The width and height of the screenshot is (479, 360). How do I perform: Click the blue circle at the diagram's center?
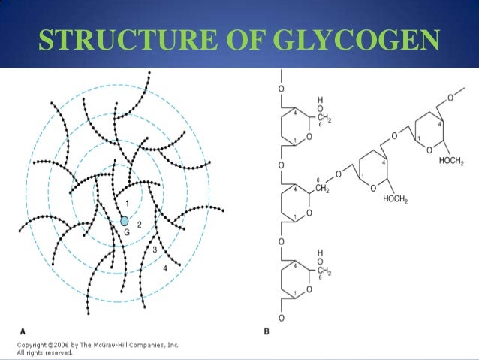pyautogui.click(x=125, y=222)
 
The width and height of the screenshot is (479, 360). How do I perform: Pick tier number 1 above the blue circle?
pyautogui.click(x=127, y=204)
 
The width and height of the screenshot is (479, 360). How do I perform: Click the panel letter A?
pyautogui.click(x=23, y=331)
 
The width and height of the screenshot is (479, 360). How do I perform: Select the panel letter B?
pyautogui.click(x=267, y=331)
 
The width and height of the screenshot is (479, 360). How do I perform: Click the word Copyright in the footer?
pyautogui.click(x=35, y=345)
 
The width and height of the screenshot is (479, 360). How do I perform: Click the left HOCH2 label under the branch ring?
pyautogui.click(x=395, y=199)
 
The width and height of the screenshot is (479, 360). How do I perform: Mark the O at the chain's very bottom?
pyautogui.click(x=281, y=319)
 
